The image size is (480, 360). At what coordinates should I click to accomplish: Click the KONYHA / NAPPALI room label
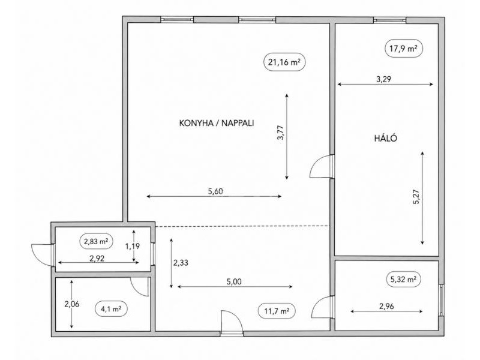(x=217, y=123)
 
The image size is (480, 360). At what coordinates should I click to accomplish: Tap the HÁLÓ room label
(x=386, y=138)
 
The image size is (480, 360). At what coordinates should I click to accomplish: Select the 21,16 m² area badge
(x=284, y=62)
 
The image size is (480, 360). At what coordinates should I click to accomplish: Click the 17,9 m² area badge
(x=404, y=49)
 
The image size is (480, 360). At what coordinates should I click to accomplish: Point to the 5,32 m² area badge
(x=403, y=279)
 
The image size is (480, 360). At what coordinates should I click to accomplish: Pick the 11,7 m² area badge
(x=277, y=311)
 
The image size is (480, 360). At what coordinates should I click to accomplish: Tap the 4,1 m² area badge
(x=111, y=309)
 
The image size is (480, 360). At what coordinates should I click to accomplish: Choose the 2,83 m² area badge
(x=96, y=241)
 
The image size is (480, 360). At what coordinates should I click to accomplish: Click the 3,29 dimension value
(x=383, y=79)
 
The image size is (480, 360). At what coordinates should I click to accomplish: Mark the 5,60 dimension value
(x=215, y=191)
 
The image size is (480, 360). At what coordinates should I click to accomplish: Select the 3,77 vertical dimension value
(x=280, y=133)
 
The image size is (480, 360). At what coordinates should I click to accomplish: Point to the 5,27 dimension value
(x=416, y=197)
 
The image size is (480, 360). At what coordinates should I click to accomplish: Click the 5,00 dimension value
(x=234, y=281)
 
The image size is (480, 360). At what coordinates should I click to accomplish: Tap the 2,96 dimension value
(x=386, y=306)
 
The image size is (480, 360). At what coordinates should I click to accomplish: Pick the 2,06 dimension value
(x=71, y=304)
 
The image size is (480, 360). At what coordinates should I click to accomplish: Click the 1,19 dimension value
(x=133, y=246)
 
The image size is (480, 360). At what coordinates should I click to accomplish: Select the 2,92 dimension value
(x=97, y=259)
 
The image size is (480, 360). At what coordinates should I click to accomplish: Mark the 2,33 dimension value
(x=181, y=263)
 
